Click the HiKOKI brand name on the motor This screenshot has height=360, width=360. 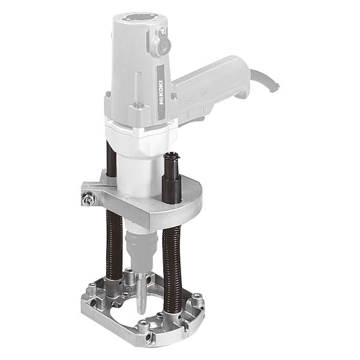tap(161, 92)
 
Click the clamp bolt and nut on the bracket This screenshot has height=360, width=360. tap(87, 198)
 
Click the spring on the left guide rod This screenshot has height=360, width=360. tap(114, 245)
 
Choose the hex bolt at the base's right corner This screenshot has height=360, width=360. tap(197, 298)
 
